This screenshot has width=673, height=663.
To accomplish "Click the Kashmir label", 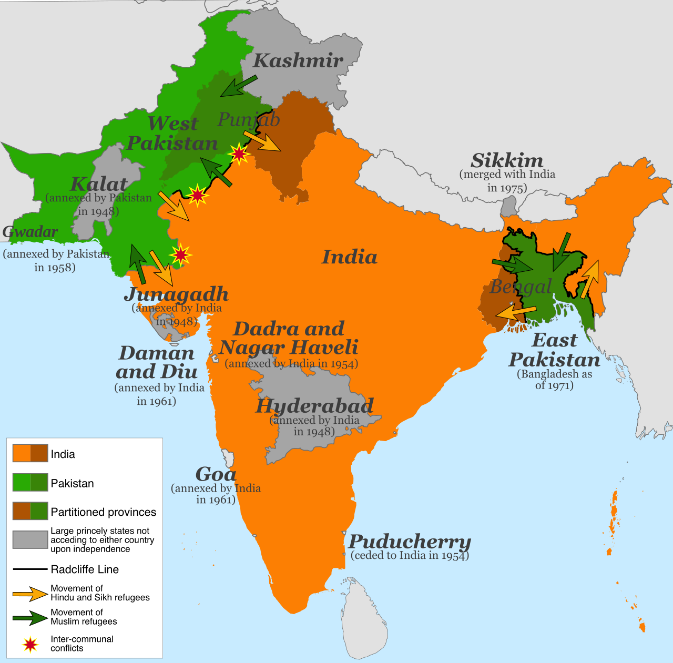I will tap(298, 61).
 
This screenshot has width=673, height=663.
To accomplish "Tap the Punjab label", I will tap(249, 120).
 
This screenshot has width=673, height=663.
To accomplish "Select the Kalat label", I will tap(99, 185).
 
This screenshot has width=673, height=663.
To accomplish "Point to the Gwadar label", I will tap(30, 232).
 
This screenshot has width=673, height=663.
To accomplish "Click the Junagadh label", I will tap(176, 294).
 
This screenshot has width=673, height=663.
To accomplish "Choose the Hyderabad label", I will tap(314, 406).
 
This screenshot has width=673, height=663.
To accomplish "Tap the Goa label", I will tap(216, 474).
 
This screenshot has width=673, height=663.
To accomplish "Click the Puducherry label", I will tap(410, 541).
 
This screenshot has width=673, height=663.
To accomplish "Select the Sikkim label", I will tap(507, 160).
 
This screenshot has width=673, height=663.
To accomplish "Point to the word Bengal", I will tap(521, 287).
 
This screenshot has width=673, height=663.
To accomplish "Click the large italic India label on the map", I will tap(350, 257).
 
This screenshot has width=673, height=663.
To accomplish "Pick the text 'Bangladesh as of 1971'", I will tap(554, 380).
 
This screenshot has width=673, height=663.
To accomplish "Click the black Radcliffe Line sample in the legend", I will tap(30, 569).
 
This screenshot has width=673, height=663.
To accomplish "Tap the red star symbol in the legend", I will tap(30, 644).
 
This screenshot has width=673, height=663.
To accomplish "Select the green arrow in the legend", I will tap(30, 617).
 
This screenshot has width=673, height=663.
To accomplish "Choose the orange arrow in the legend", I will tap(30, 594).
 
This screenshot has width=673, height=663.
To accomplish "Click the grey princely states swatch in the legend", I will tap(30, 539).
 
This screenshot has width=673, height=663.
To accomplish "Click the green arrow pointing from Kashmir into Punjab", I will tap(238, 86).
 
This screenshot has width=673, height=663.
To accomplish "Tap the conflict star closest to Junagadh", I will tap(180, 255).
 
